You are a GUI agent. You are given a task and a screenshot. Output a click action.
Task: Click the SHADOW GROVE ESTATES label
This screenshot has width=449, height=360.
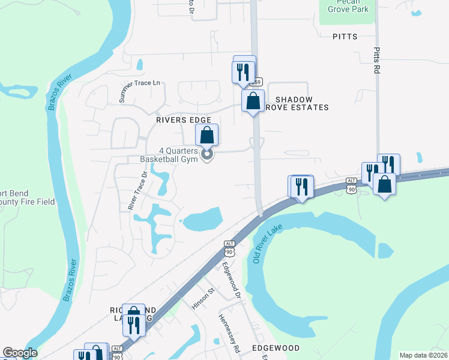click(302, 103)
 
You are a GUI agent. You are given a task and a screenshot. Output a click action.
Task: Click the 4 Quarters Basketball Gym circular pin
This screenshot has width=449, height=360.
click(207, 155)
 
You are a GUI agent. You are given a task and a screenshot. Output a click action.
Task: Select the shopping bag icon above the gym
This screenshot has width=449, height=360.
click(206, 134)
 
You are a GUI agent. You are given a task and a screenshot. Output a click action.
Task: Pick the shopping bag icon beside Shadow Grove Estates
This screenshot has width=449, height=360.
click(253, 100)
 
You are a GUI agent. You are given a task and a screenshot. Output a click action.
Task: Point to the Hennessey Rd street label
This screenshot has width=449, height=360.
click(229, 333)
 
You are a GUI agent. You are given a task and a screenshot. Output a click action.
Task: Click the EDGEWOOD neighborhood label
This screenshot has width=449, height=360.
click(276, 348)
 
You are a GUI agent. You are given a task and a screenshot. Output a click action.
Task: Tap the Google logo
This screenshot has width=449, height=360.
click(20, 353)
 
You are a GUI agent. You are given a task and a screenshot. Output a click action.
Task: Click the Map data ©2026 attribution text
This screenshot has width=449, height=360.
click(424, 355)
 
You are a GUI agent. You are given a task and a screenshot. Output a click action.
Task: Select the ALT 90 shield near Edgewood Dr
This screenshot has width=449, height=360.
click(229, 248)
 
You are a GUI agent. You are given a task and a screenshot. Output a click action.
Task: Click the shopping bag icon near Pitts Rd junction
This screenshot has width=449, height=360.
click(384, 184)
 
